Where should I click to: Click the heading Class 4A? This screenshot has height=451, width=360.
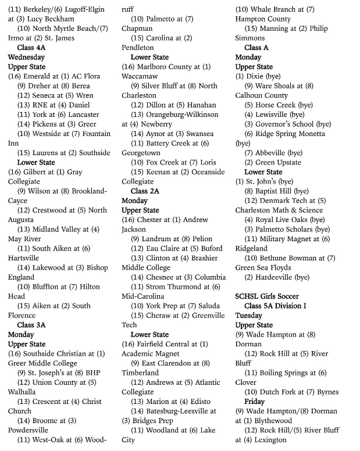pyautogui.click(x=34, y=48)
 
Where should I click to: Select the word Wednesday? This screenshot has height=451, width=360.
pyautogui.click(x=26, y=58)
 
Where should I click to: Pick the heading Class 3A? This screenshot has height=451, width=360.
pyautogui.click(x=34, y=325)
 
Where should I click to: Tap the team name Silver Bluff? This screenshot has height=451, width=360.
pyautogui.click(x=165, y=86)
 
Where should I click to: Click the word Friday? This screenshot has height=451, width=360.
pyautogui.click(x=254, y=402)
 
